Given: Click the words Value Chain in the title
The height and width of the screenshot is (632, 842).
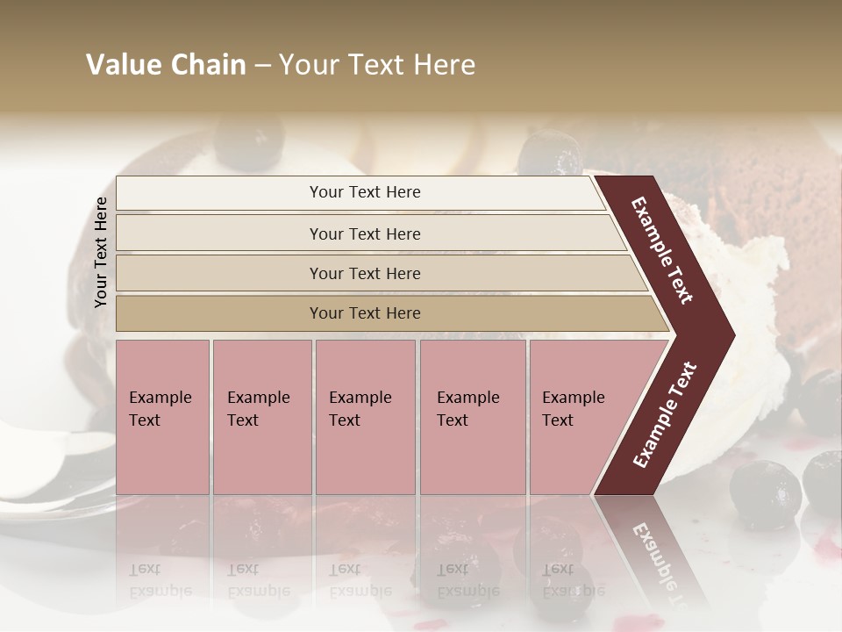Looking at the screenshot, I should (x=166, y=65).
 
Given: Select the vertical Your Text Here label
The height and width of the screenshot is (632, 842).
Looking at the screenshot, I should (x=101, y=252).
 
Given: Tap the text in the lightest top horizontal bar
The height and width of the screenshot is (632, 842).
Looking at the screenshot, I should (x=365, y=192).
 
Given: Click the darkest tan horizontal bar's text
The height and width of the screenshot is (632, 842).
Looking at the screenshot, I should (x=365, y=313).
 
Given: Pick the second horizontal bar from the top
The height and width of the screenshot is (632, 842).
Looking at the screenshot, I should (x=365, y=233).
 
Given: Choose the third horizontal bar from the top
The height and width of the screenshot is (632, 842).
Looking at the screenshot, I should (x=365, y=274).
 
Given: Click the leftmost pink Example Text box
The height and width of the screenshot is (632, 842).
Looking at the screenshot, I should (x=162, y=416).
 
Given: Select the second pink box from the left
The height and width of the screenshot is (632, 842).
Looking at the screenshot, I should (x=261, y=416).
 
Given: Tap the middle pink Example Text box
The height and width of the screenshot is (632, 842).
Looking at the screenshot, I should (x=365, y=416).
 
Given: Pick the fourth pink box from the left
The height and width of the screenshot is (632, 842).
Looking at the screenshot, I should (x=472, y=416).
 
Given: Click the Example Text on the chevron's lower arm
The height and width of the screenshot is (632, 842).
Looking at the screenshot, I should (x=665, y=414).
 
